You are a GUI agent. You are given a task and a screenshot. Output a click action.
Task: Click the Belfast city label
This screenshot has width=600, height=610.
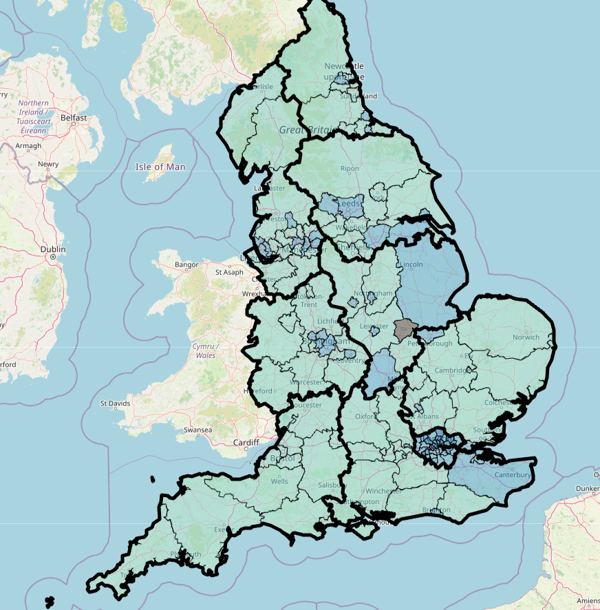[x=74, y=118]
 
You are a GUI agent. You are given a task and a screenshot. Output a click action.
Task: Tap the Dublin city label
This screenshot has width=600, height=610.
[x=53, y=249]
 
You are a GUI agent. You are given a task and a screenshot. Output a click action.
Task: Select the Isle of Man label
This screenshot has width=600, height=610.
[x=160, y=167]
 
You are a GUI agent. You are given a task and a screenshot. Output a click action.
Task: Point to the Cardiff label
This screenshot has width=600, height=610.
[x=245, y=442]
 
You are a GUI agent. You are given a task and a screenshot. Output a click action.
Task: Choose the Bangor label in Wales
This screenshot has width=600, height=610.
[x=186, y=264]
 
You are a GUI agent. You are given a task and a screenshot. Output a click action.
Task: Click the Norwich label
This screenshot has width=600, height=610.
[x=526, y=337]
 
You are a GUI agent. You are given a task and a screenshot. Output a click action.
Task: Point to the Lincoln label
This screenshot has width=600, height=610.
[x=410, y=264]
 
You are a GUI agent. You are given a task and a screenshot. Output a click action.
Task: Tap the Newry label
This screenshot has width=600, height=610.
[x=48, y=165]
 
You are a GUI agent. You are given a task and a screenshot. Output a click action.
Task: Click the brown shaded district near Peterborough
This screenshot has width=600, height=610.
[x=405, y=329]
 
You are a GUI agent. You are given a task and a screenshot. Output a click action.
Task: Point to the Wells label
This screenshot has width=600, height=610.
[x=279, y=481]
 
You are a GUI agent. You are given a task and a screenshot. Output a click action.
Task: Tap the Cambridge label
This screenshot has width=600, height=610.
[x=451, y=370]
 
